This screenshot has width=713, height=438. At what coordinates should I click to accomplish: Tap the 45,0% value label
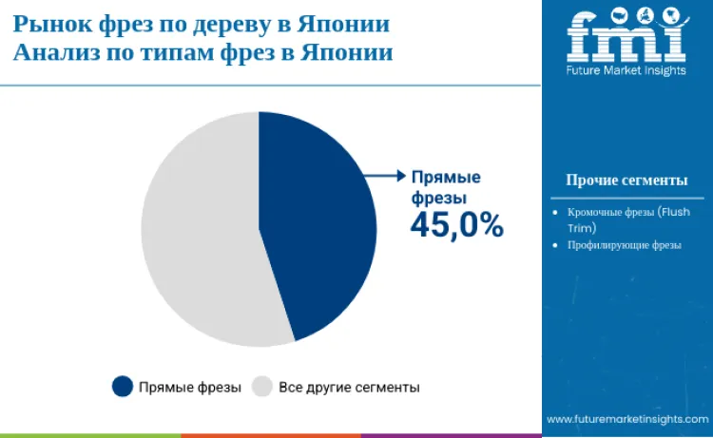coord(456,225)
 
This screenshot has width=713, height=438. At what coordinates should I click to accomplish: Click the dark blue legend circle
coord(122,387)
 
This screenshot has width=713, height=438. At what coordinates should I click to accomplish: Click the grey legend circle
coord(262,387)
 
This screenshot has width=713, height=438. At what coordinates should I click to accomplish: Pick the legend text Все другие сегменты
coord(349,388)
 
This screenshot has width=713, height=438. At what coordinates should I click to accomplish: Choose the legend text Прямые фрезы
coord(189,388)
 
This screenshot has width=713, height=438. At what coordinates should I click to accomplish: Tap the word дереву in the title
coord(237,23)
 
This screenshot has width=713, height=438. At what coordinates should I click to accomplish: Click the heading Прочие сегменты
coord(626,180)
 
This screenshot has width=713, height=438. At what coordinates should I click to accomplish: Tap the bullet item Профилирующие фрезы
coord(625,245)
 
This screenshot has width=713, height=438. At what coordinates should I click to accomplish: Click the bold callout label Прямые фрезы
coord(446,187)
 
